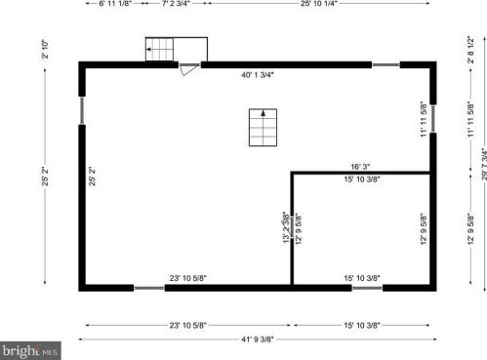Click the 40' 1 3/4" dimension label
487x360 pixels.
pos(258,74)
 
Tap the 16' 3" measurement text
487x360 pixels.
pos(360,166)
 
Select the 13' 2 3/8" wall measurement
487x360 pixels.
pos(284,226)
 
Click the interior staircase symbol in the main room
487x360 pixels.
pos(261,127)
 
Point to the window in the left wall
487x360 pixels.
pos(81,109)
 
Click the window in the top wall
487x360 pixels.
pos(385,64)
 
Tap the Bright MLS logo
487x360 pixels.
pos(30,348)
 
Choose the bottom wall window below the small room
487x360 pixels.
pos(367,288)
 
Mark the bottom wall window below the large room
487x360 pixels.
pos(148,288)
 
